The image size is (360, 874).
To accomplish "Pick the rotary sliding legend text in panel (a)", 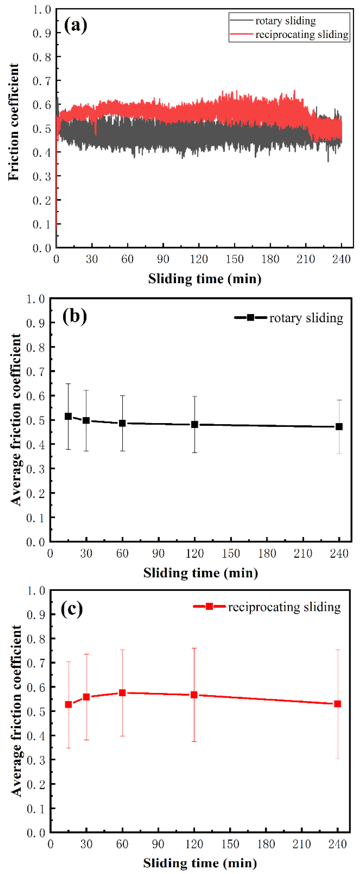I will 285,21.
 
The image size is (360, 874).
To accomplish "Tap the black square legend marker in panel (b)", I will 250,318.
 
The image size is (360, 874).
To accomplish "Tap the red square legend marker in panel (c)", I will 209,606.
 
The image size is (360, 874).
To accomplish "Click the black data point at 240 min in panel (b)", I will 339,427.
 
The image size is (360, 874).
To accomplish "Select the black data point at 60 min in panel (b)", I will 123,423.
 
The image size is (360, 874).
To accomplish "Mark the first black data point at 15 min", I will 68,416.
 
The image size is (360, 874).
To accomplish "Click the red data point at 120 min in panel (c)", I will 194,695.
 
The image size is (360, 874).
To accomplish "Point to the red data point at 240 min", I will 338,704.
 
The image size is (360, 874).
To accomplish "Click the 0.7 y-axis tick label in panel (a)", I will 42,81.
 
